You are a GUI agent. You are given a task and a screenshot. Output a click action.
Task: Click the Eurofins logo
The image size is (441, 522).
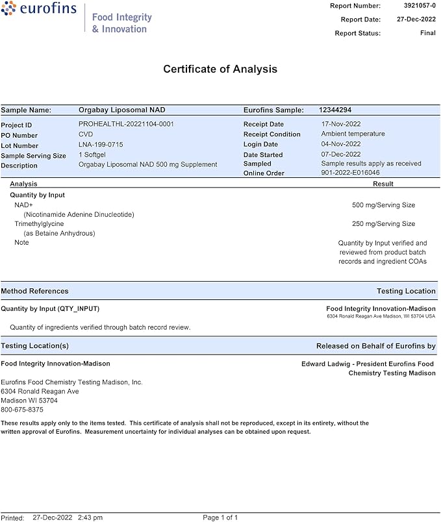(40, 10)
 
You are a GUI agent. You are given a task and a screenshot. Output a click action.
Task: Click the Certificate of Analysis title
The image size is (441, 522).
(220, 69)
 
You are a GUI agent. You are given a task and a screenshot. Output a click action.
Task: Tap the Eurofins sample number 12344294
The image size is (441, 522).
(335, 110)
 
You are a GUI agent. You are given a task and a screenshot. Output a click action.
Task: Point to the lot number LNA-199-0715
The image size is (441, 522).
(101, 145)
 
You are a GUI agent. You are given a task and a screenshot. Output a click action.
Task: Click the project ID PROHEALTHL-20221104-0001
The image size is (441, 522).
(126, 124)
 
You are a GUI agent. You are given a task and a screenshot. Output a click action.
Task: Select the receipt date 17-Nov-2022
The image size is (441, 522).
(341, 124)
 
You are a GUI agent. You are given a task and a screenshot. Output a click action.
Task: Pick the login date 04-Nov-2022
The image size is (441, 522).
(341, 144)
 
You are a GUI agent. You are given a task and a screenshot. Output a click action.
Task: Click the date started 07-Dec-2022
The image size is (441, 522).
(341, 155)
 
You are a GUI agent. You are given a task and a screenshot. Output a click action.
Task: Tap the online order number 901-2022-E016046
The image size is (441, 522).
(351, 173)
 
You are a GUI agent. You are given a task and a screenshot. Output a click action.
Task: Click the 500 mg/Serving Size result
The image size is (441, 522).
(383, 205)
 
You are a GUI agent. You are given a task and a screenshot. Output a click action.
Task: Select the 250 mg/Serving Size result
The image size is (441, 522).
(383, 224)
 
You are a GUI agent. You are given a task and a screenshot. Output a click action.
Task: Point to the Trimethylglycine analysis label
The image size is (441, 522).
(39, 224)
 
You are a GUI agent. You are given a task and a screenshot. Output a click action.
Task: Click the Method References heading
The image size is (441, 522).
(34, 291)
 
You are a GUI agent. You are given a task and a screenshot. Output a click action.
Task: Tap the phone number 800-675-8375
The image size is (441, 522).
(22, 410)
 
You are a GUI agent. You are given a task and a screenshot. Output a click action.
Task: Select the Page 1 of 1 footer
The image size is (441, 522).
(220, 517)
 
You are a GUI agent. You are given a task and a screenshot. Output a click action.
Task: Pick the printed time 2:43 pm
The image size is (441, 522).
(90, 517)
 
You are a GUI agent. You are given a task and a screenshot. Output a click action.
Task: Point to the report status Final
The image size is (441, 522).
(427, 33)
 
